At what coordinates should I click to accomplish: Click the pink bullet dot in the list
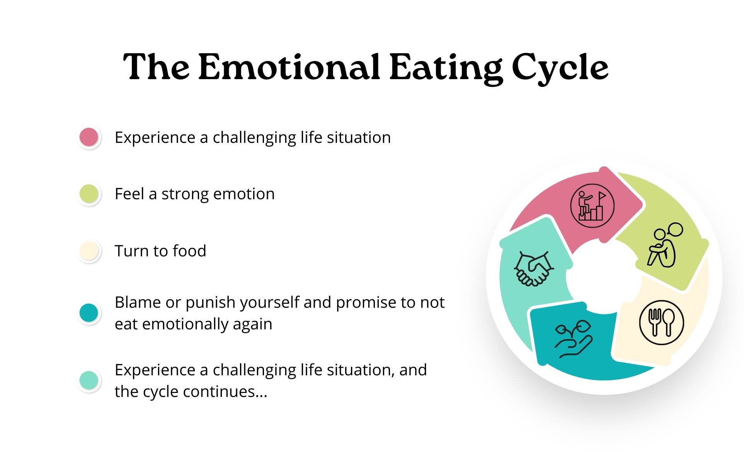89,137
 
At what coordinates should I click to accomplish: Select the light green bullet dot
89,194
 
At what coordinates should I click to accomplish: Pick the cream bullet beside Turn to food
89,251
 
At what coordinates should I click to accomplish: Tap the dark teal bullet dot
89,313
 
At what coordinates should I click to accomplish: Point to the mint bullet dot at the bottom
89,380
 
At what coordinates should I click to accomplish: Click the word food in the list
189,251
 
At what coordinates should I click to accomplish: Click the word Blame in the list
138,302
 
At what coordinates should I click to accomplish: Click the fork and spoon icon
661,322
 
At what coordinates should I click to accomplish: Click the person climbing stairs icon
592,205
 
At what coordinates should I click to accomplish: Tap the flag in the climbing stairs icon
602,196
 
